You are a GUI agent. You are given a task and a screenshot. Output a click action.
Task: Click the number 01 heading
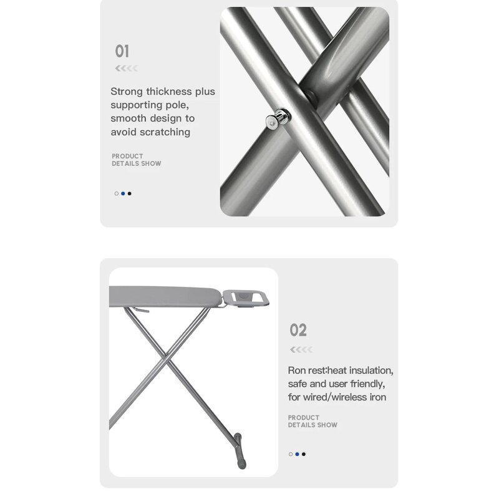122,51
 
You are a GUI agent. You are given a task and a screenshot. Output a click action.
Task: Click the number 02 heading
298,330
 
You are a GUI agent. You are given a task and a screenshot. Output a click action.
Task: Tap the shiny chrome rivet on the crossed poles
278,119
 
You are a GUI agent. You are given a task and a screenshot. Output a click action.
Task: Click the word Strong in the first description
127,92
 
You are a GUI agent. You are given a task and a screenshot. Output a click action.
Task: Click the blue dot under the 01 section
123,193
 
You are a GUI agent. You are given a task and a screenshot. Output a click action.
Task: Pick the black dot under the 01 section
129,193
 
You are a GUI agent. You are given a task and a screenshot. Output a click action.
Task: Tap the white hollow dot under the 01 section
117,193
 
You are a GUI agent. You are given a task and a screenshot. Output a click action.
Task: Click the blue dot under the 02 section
298,454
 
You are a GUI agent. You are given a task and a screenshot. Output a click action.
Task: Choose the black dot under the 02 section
304,454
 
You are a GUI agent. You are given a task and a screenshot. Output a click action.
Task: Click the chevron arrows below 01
127,68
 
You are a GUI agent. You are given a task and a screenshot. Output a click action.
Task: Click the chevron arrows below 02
301,350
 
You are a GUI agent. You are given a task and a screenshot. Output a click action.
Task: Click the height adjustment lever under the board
140,309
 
